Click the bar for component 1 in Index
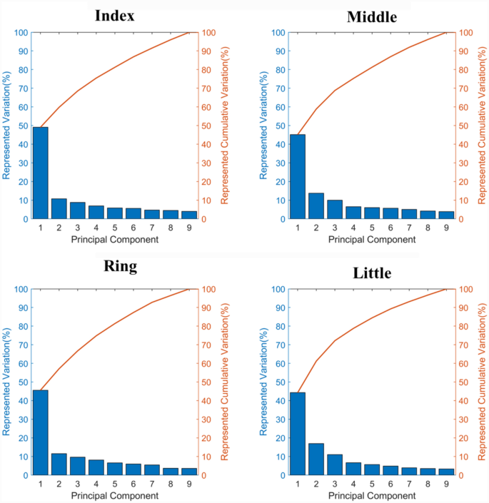40,173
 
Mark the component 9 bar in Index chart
188,215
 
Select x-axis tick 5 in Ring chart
115,484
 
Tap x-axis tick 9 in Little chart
445,484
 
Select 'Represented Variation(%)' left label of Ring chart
6,382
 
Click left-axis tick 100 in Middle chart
277,33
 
